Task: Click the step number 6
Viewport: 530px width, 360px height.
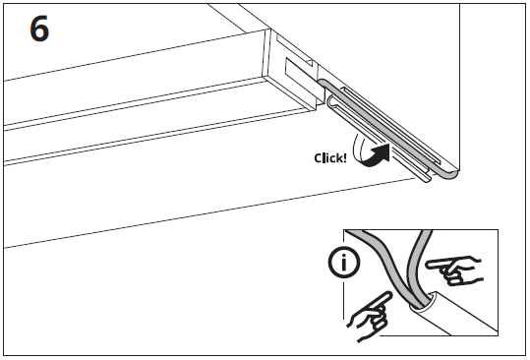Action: [x=39, y=30]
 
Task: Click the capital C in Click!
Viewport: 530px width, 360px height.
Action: [x=318, y=157]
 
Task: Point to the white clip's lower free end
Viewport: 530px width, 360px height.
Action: [x=426, y=181]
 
